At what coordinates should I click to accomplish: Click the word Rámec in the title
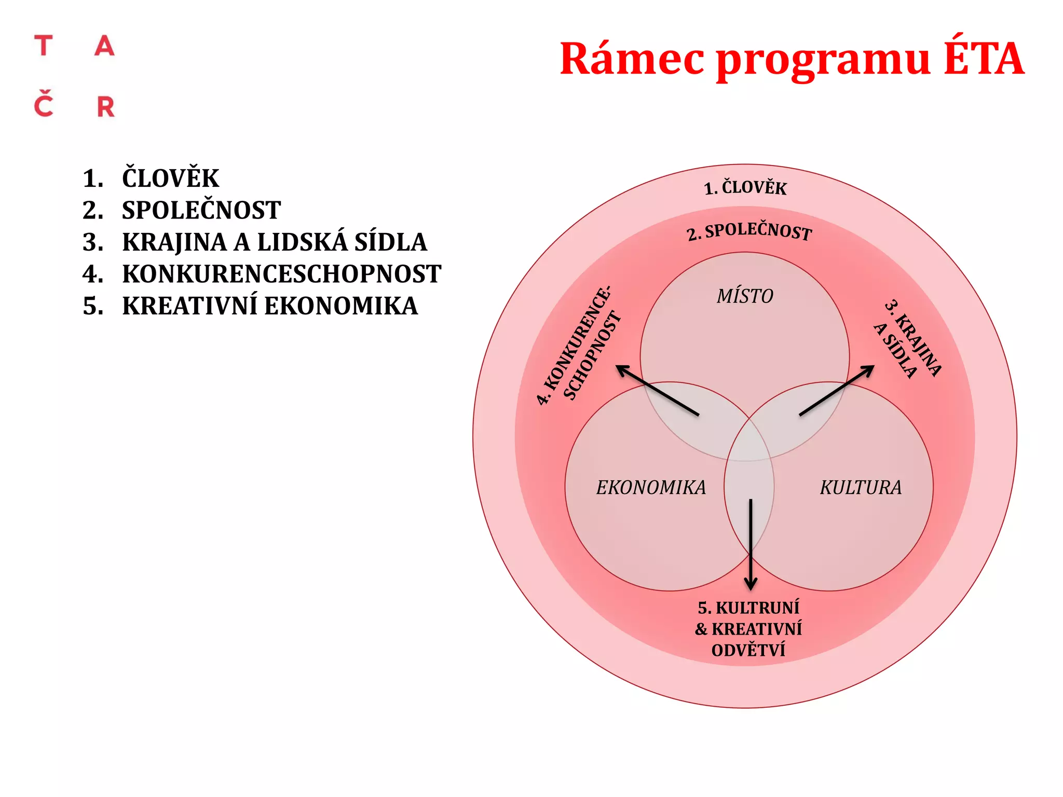(632, 59)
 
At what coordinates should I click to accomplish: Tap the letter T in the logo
(44, 46)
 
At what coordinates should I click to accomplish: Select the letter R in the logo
(106, 107)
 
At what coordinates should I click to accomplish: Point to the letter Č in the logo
(44, 104)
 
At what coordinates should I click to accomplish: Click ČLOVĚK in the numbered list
(170, 178)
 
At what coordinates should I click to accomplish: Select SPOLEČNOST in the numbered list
(201, 210)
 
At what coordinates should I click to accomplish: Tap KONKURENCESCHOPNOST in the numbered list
(281, 274)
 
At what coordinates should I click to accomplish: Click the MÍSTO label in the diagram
(745, 296)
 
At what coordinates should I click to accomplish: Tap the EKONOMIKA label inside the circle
(651, 488)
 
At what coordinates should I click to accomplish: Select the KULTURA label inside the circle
(861, 488)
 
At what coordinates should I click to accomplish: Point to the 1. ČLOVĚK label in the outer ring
(745, 187)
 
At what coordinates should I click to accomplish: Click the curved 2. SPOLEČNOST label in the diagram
(749, 231)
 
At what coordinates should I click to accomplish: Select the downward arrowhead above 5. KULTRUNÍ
(751, 584)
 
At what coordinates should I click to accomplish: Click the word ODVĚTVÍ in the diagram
(748, 650)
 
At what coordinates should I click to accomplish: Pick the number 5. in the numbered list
(93, 306)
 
